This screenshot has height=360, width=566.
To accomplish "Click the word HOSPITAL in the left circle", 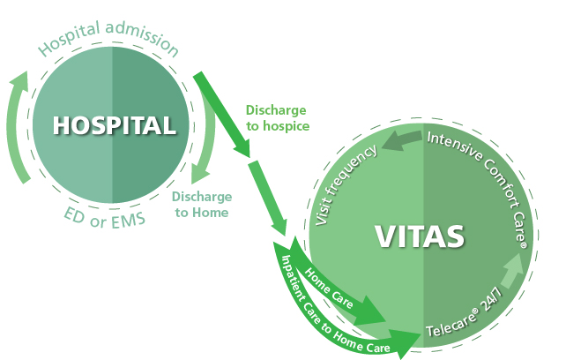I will coord(114,126).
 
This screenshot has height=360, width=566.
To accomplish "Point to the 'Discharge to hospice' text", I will coord(277,118).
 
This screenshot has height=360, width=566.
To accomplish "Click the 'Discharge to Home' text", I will coord(201,204).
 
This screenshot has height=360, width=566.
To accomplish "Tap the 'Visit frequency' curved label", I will coord(346,185).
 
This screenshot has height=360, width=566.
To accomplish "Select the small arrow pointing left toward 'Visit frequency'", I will coord(402,140).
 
